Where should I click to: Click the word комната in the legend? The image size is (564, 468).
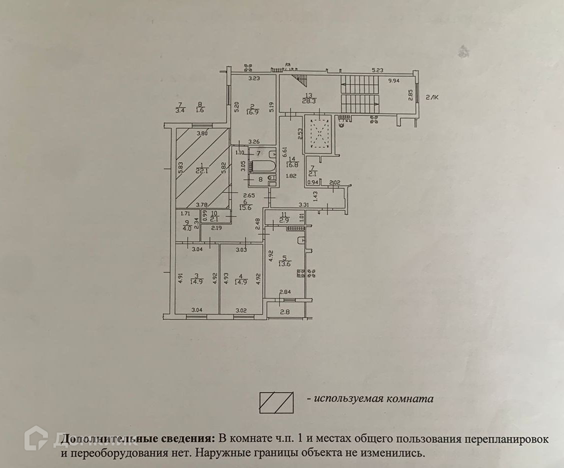(413, 399)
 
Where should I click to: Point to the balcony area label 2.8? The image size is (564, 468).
(285, 312)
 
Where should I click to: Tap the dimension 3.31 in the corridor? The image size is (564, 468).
(304, 204)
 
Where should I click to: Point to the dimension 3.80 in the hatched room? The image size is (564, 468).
(202, 133)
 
